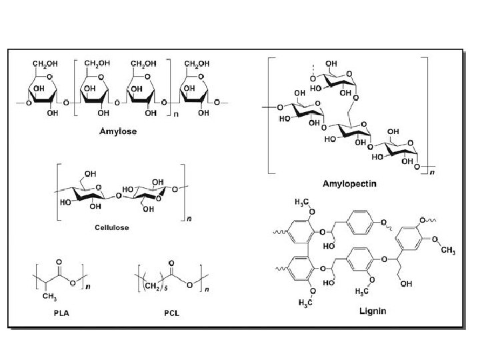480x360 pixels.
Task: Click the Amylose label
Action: pyautogui.click(x=117, y=131)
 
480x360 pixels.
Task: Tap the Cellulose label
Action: pyautogui.click(x=112, y=227)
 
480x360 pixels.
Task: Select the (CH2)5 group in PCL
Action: pyautogui.click(x=152, y=287)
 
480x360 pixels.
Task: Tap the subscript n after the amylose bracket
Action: pyautogui.click(x=176, y=115)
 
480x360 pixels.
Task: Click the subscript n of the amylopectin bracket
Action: pyautogui.click(x=432, y=173)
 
